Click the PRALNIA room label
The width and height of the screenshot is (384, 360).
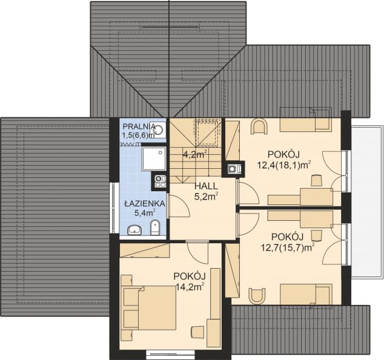[139, 126]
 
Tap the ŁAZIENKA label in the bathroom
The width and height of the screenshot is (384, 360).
[145, 203]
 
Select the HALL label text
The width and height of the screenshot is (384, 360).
[206, 186]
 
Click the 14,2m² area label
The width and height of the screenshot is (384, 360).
[190, 286]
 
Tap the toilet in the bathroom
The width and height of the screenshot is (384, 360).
[155, 227]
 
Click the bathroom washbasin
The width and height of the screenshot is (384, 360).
[134, 230]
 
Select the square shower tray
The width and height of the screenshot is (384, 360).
[154, 159]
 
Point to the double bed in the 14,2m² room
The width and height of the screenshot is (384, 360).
[150, 308]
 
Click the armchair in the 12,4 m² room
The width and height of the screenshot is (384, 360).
[259, 126]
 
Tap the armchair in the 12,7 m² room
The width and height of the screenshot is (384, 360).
[257, 296]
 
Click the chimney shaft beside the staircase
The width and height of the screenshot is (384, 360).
[233, 169]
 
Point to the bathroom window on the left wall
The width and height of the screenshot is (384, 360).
[114, 208]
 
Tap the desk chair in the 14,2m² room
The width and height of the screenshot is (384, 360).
[198, 333]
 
